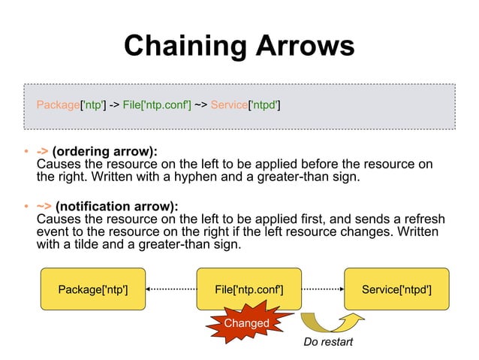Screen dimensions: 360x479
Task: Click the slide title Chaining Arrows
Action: click(x=239, y=47)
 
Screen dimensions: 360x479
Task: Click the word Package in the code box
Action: click(x=58, y=104)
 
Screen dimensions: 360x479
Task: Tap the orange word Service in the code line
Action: click(x=228, y=104)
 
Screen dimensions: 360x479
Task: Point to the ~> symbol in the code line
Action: click(x=200, y=104)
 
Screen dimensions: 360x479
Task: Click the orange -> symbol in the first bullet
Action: click(x=42, y=152)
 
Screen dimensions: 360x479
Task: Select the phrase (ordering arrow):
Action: click(x=104, y=152)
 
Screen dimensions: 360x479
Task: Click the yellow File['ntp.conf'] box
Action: click(x=249, y=289)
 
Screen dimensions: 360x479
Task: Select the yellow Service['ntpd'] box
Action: click(x=396, y=289)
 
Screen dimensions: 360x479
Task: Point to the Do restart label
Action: click(x=327, y=343)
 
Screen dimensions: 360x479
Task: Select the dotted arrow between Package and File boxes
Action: click(x=170, y=289)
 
